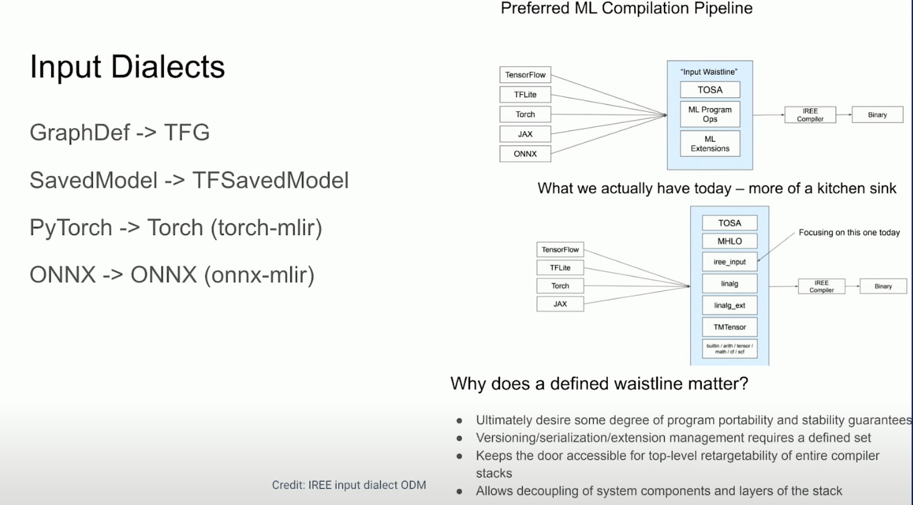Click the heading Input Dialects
click(127, 67)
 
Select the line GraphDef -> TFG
click(120, 132)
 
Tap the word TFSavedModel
click(270, 180)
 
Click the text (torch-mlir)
click(266, 228)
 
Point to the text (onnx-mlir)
click(259, 275)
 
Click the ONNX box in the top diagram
click(525, 154)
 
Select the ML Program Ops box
click(709, 114)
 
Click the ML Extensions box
click(709, 144)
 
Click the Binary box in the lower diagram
click(882, 287)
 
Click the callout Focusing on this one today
click(849, 233)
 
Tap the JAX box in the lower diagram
click(560, 303)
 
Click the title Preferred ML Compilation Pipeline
click(627, 9)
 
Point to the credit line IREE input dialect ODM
click(349, 485)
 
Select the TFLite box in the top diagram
click(525, 95)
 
